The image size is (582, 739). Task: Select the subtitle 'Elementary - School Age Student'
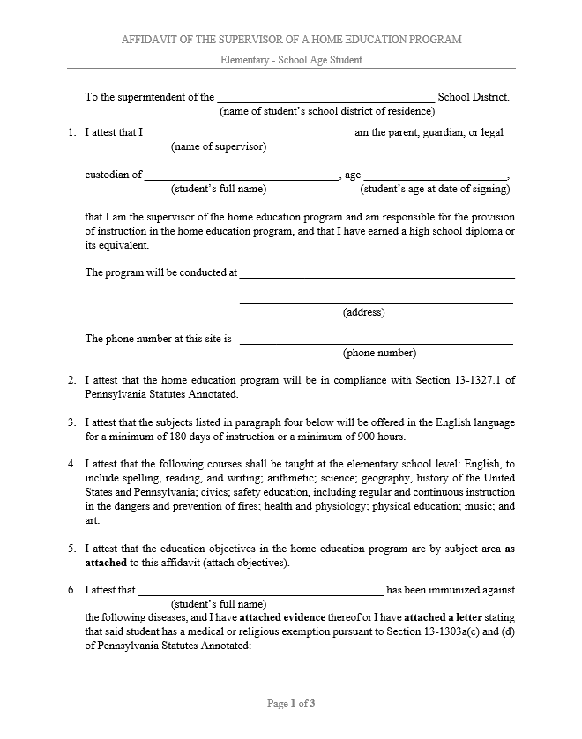coord(291,60)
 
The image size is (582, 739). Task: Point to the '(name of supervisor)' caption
coord(219,146)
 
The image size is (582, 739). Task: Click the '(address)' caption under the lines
coord(363,312)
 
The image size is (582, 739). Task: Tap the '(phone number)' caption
coord(378,353)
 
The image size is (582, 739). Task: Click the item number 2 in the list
coord(71,380)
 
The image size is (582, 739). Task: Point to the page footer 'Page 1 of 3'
coord(291,704)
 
